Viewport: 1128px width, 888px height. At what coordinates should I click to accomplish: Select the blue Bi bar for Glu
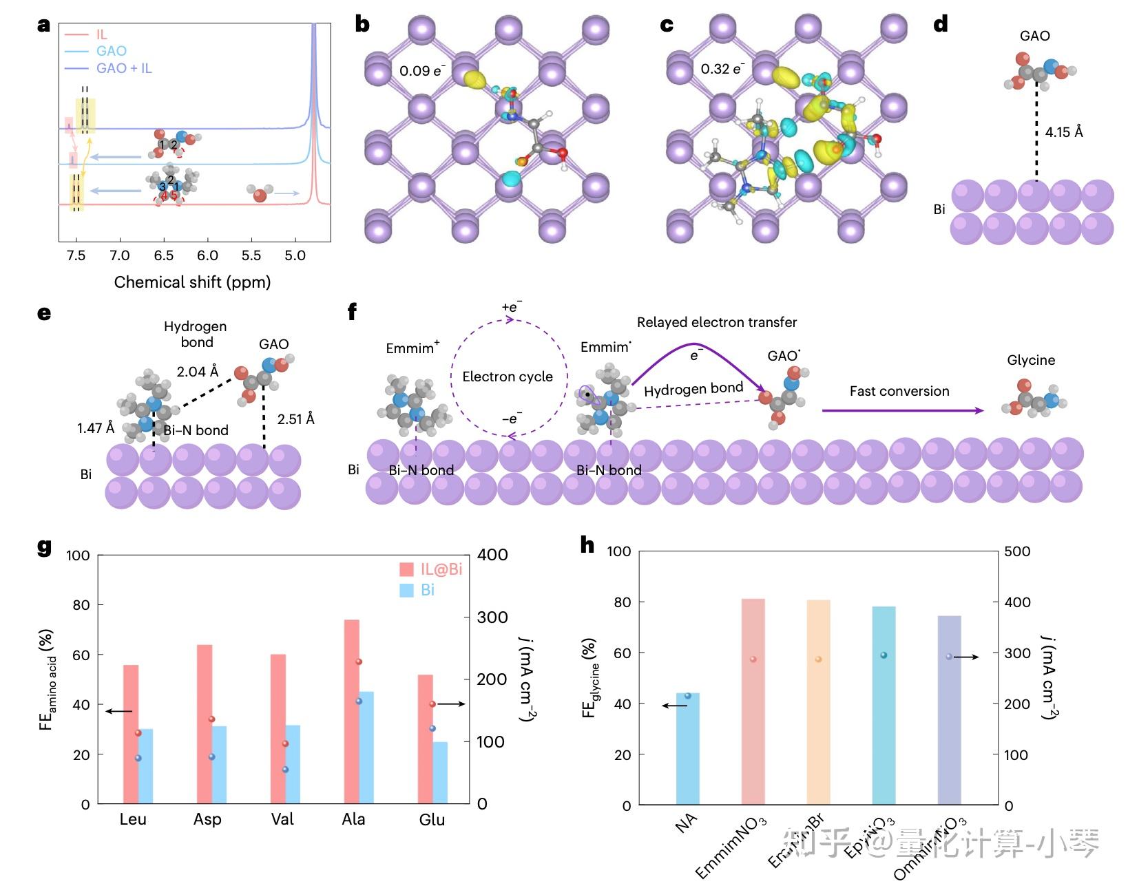(439, 772)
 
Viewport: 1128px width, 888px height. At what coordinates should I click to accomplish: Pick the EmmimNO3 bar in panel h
(753, 701)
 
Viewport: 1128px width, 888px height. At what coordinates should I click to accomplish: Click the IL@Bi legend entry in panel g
(431, 569)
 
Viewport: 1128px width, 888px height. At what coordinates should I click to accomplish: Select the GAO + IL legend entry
(123, 68)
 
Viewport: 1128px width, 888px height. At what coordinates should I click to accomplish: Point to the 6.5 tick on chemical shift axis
(164, 256)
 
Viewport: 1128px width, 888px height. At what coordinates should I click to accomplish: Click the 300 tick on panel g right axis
(492, 617)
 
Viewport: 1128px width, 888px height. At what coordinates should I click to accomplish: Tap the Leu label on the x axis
(133, 819)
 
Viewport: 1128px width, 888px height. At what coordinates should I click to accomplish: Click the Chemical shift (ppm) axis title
(192, 282)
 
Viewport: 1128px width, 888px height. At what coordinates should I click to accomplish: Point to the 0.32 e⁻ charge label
(722, 69)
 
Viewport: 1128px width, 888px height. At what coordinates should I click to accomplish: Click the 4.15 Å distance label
(1063, 131)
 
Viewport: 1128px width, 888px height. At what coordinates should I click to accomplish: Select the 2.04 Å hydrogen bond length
(197, 372)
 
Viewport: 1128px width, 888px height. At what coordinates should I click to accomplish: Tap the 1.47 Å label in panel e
(95, 428)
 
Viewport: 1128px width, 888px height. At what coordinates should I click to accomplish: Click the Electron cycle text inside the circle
(508, 377)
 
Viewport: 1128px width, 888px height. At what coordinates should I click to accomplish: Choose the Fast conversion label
(899, 391)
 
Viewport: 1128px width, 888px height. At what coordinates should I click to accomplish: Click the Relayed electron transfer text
(716, 322)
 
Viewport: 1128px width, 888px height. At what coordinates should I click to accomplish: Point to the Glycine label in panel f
(1030, 360)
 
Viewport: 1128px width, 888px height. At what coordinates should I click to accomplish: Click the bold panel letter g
(44, 547)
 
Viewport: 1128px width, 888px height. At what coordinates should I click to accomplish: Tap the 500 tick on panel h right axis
(1017, 551)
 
